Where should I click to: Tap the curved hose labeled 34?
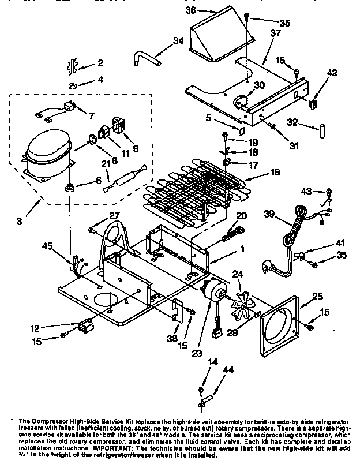tap(147, 57)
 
